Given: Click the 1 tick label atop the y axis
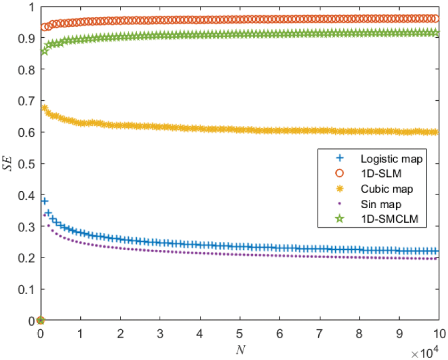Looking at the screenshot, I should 32,7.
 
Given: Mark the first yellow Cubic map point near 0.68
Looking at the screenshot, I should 45,107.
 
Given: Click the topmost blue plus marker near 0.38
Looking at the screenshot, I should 45,201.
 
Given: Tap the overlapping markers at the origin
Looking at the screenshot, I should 41,320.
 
